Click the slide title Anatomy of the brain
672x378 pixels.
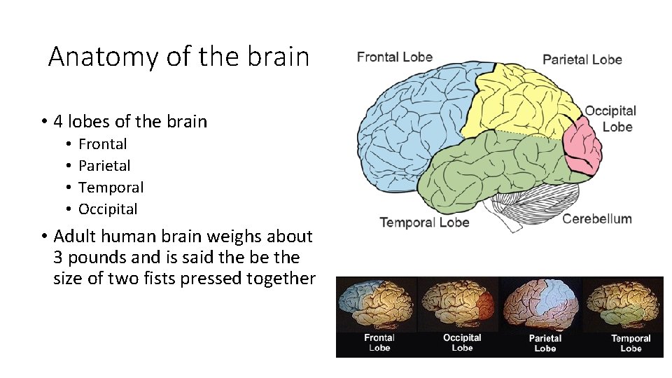click(x=178, y=57)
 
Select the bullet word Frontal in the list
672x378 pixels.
click(x=103, y=144)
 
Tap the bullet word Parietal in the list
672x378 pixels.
click(x=104, y=166)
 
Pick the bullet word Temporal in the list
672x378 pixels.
click(x=111, y=188)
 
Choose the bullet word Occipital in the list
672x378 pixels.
click(x=108, y=209)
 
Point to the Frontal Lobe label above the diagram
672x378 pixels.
click(x=395, y=57)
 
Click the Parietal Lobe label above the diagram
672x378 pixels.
click(x=582, y=59)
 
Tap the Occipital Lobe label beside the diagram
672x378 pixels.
click(x=610, y=118)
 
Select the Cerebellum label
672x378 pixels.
click(x=597, y=218)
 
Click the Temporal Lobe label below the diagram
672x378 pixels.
click(x=424, y=223)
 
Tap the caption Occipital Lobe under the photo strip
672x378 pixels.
click(x=462, y=343)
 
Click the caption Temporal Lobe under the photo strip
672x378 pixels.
click(x=631, y=343)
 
